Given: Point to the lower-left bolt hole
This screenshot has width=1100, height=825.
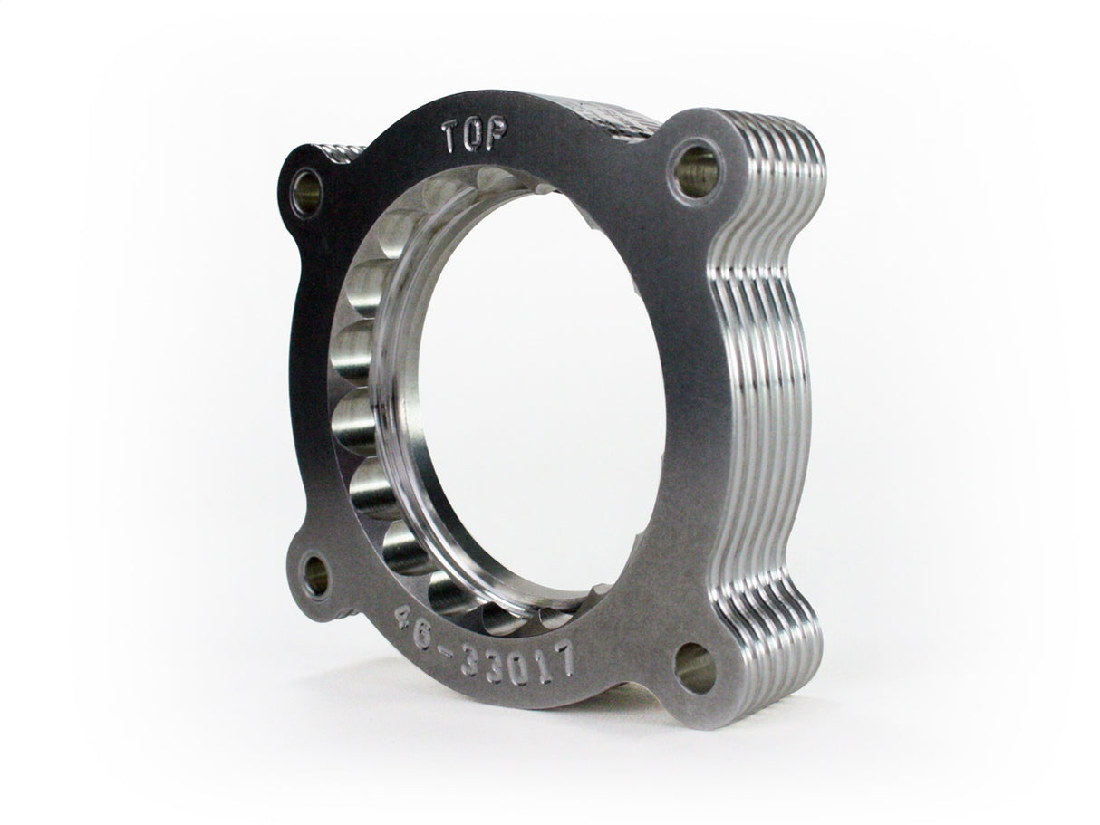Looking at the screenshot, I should pyautogui.click(x=316, y=572).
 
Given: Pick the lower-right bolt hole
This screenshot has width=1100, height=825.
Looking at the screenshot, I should pyautogui.click(x=695, y=667).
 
